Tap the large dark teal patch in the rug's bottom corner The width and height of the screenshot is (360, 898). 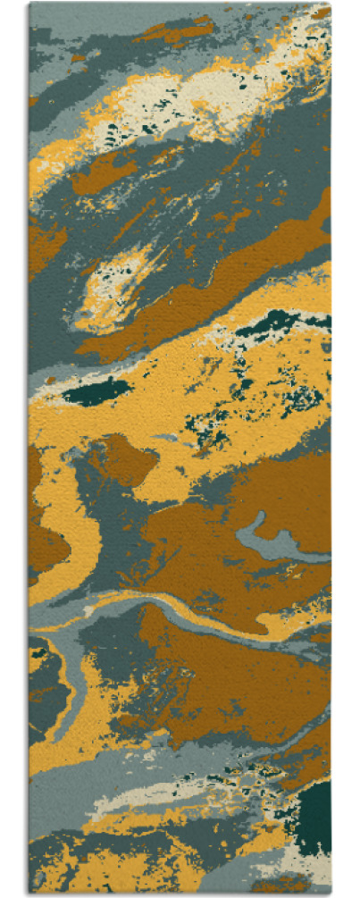click(x=313, y=818)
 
